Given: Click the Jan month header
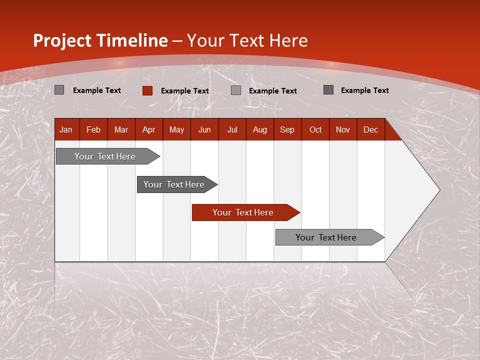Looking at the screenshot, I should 66,129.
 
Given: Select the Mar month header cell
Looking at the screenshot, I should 121,129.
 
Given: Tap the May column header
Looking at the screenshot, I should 176,129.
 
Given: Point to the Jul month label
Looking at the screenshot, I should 232,129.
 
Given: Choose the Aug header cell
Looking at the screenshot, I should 259,129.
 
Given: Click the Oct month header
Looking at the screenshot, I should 315,129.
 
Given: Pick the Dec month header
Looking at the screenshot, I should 370,129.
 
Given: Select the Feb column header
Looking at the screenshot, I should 93,129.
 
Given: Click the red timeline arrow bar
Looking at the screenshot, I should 245,212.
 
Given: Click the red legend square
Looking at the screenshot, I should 147,90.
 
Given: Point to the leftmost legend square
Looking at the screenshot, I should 59,90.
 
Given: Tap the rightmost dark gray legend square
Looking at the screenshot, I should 328,90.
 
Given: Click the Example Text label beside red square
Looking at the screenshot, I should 185,91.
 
